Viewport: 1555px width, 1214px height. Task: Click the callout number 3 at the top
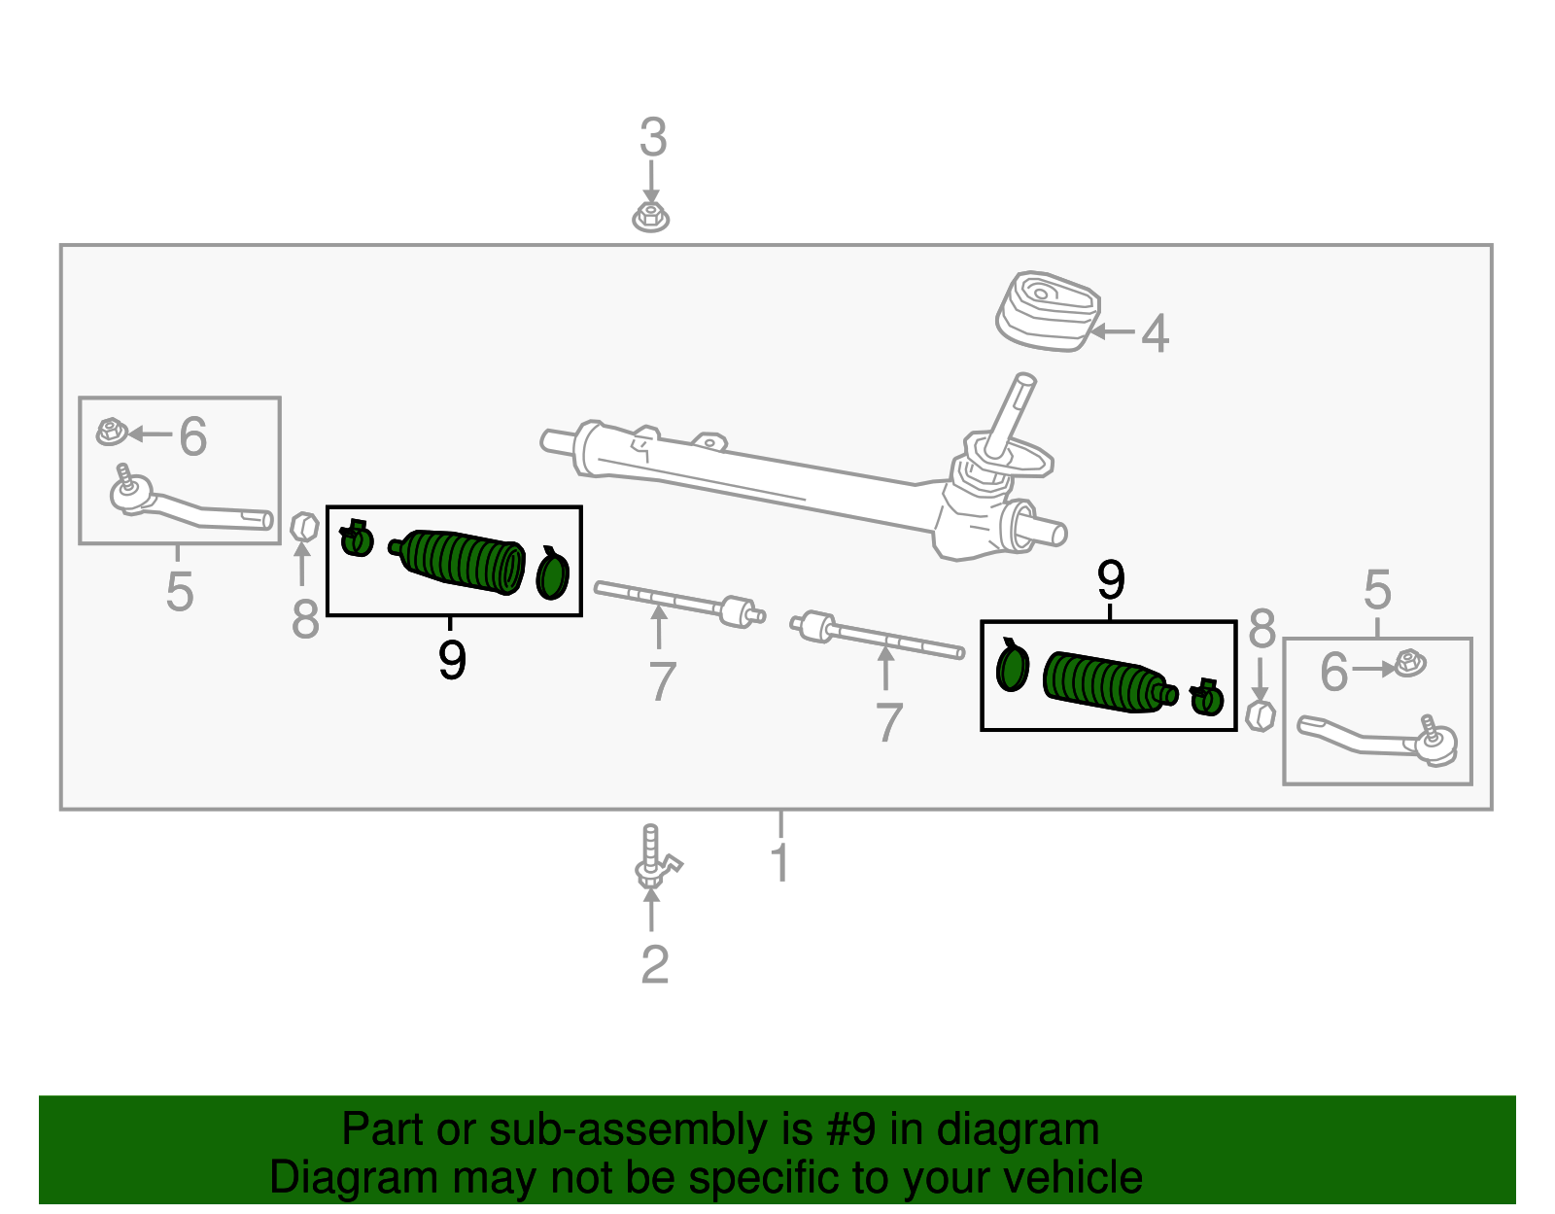click(653, 138)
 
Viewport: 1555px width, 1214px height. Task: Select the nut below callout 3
click(651, 217)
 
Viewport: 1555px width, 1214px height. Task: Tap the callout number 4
click(1154, 333)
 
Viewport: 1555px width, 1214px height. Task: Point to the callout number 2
click(655, 965)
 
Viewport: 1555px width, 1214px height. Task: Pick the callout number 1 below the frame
click(779, 863)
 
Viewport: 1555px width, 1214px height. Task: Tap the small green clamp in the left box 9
click(356, 538)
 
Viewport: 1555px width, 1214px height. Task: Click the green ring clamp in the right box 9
click(1012, 668)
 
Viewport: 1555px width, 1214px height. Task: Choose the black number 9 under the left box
click(452, 661)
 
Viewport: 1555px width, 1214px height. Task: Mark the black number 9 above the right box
click(1110, 580)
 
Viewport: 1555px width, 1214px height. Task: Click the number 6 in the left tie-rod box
click(192, 436)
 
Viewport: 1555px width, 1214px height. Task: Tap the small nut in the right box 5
click(1408, 665)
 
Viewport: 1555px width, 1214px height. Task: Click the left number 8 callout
click(305, 619)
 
